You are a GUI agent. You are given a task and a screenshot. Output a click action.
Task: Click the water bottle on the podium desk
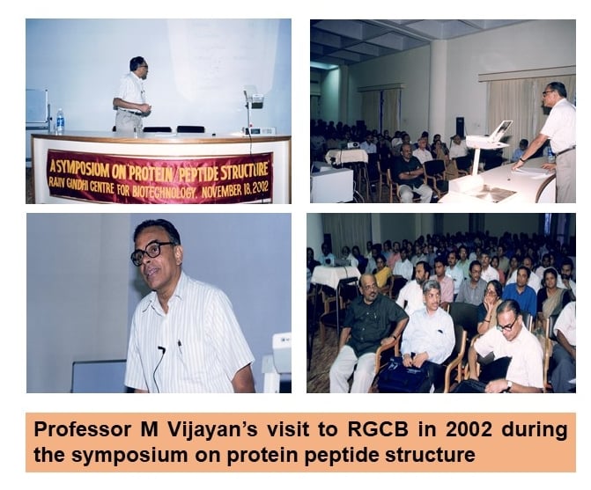(60, 121)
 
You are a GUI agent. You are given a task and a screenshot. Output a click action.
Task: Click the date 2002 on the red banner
(260, 187)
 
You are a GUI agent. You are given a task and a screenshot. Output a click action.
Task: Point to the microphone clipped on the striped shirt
(162, 350)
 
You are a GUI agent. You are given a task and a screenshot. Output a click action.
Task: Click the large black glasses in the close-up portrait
(150, 252)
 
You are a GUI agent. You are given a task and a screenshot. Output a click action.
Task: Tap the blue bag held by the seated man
(403, 375)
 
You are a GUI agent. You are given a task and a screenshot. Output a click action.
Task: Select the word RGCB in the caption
(378, 429)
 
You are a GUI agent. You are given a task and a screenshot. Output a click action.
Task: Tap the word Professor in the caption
(82, 430)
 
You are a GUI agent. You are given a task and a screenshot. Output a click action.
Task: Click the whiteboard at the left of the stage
(37, 106)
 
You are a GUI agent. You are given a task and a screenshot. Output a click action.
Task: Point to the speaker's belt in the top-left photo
(130, 112)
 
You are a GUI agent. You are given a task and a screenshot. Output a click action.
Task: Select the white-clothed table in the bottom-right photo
(335, 275)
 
